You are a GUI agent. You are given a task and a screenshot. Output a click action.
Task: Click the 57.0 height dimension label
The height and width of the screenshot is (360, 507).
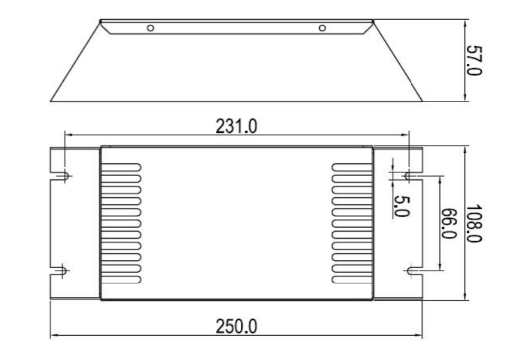click(474, 60)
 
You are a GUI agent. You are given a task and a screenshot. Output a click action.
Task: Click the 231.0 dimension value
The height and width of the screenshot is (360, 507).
click(236, 126)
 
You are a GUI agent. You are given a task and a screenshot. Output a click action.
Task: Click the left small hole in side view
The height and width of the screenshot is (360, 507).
click(151, 28)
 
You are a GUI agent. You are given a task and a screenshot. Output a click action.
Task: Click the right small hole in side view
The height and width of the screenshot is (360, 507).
click(322, 28)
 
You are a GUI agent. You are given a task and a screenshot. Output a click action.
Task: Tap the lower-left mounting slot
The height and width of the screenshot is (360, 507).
click(63, 271)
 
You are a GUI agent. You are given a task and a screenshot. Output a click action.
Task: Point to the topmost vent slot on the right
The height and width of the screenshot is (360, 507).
click(352, 166)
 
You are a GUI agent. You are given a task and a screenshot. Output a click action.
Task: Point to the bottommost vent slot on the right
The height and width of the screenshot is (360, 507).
click(352, 279)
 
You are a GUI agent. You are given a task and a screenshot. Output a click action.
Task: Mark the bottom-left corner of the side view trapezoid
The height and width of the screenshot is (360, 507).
click(50, 101)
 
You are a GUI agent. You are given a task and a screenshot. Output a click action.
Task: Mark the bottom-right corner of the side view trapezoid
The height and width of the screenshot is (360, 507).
click(422, 101)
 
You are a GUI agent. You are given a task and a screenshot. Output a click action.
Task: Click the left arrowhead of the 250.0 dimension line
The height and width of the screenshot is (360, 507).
click(52, 334)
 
